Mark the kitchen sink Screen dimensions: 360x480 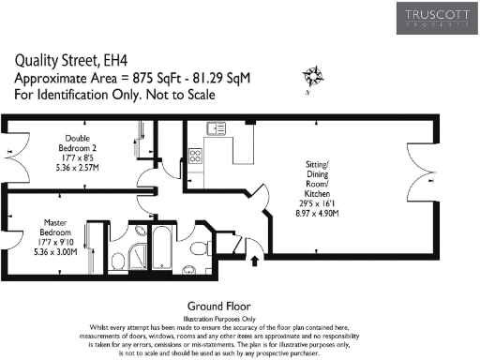217,128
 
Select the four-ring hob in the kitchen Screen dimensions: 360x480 197,157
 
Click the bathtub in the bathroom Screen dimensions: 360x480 162,247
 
